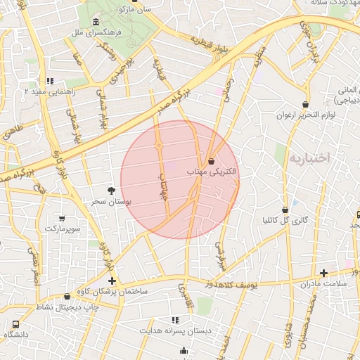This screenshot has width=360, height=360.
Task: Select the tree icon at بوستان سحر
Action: coord(111,191)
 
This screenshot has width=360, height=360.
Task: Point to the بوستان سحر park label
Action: coord(111,201)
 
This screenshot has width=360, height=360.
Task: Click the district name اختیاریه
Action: coord(309,158)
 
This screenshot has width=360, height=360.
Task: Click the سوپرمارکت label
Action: coord(63,229)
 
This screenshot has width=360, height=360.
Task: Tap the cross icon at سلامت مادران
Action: coord(323,273)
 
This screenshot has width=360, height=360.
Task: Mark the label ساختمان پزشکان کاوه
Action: coord(152,291)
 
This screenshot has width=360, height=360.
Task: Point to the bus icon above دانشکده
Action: coord(15,324)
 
